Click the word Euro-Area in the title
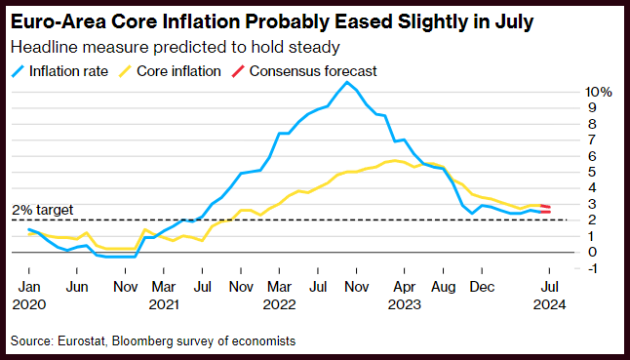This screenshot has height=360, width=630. (58, 22)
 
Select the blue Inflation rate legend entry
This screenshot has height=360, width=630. (59, 71)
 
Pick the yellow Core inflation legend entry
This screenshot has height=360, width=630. (170, 71)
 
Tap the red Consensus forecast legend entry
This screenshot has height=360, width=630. (303, 71)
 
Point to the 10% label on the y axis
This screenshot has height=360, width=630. (598, 92)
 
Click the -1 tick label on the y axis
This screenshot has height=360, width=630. (592, 268)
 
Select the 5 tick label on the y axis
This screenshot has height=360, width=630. (592, 172)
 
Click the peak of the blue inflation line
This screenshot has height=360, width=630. (347, 82)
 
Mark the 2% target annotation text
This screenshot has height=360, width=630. (43, 210)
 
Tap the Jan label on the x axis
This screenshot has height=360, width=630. (29, 287)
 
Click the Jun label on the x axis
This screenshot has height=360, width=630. (77, 287)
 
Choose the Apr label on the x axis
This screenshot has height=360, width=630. (404, 288)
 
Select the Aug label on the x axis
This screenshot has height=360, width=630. (444, 288)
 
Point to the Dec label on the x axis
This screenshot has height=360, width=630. (482, 287)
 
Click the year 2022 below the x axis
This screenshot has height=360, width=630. (280, 304)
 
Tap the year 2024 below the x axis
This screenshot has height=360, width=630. (549, 304)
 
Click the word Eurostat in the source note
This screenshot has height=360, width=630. (82, 341)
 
